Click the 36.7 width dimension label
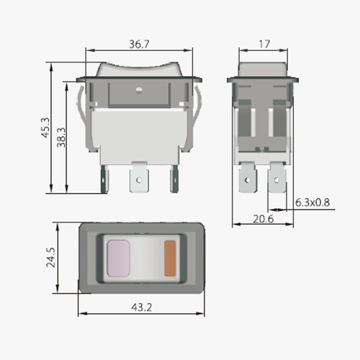(138, 45)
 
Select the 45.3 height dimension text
(45, 127)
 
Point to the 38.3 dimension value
(61, 135)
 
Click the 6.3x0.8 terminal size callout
(314, 202)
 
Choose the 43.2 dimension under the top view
(140, 307)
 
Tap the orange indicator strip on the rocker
(171, 257)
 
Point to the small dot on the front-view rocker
(137, 91)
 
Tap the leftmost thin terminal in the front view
(107, 180)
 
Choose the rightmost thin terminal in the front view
(174, 180)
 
